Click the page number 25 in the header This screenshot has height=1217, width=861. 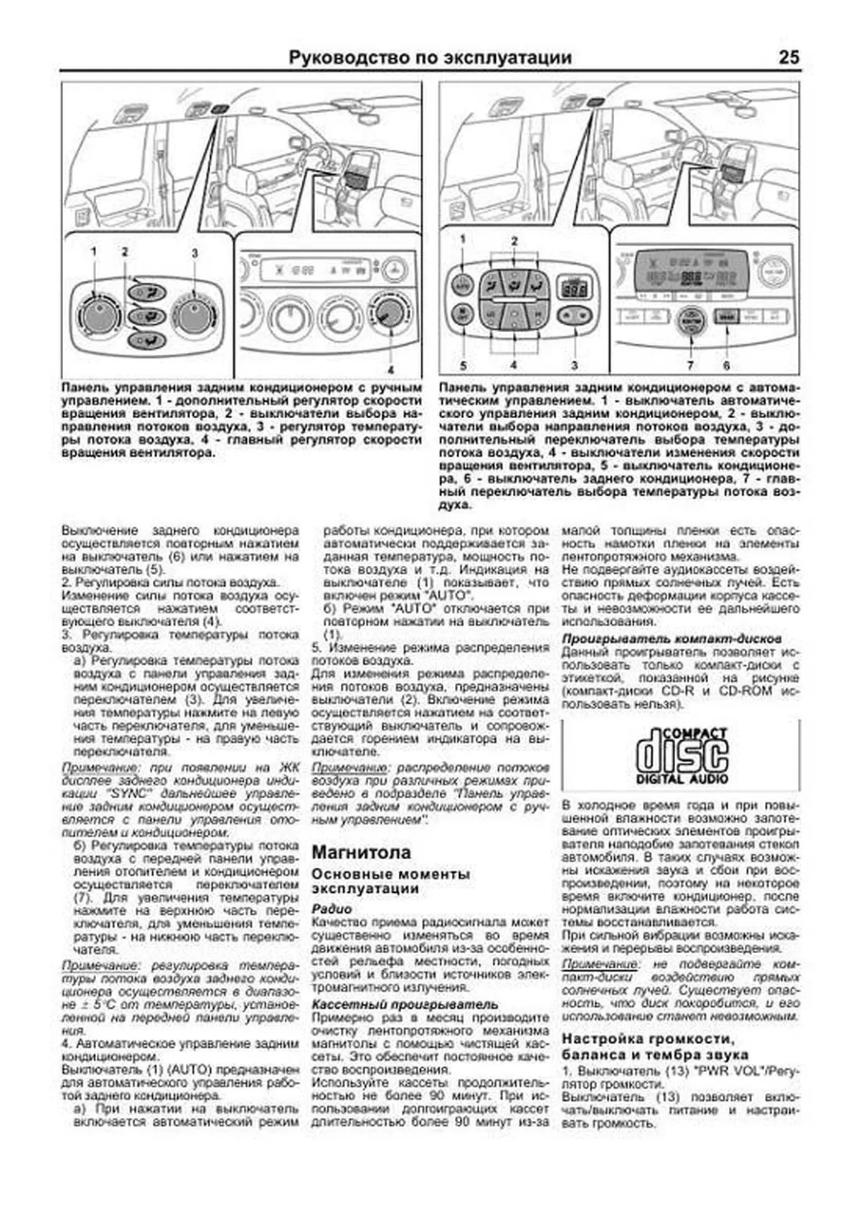point(788,57)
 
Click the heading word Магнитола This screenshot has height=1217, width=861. point(362,852)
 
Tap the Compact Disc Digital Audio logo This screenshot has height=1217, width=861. point(682,755)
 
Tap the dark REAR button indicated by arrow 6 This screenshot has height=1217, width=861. point(726,316)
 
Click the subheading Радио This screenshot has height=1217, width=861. point(332,909)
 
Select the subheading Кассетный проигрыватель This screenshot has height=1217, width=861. point(405,1004)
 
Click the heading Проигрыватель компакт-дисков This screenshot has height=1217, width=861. point(672,638)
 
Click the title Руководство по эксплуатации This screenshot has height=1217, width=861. point(430,57)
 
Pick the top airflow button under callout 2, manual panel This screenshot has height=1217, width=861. point(146,291)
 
